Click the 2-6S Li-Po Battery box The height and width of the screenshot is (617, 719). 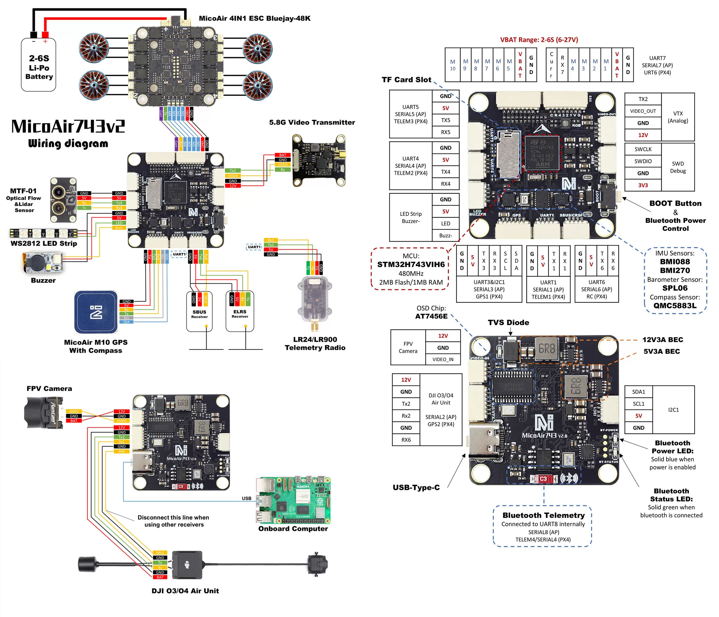[x=39, y=65]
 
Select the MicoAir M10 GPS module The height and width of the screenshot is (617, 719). [x=96, y=312]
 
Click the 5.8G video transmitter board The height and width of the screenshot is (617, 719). [x=318, y=161]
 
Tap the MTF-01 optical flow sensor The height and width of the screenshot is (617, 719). [x=63, y=200]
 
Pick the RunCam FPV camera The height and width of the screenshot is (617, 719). [x=44, y=413]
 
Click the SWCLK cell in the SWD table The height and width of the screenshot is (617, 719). [x=643, y=149]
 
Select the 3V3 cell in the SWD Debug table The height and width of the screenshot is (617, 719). [x=643, y=185]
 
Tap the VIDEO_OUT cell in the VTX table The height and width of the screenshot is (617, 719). [x=643, y=111]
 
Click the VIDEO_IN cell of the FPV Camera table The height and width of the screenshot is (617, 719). [x=442, y=359]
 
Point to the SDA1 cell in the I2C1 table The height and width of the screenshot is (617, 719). [x=638, y=392]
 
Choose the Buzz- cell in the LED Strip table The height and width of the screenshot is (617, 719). [x=445, y=235]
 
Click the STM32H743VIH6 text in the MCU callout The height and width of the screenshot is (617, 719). [x=410, y=264]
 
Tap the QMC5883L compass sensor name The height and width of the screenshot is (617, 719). [x=675, y=306]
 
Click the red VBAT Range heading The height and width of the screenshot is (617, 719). [x=539, y=40]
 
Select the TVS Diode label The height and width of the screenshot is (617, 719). [x=508, y=323]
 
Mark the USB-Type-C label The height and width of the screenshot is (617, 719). [x=416, y=487]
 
